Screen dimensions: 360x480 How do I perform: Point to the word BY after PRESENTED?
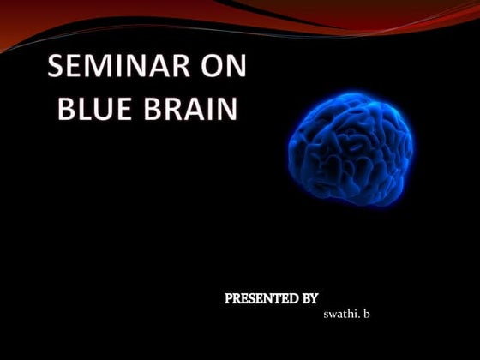[x=309, y=298]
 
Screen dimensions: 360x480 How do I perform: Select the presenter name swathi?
[x=341, y=315]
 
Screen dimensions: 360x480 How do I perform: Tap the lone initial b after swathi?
[x=366, y=315]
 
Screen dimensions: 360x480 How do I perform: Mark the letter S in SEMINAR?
[x=56, y=69]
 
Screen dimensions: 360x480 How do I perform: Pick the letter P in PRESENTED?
[x=229, y=298]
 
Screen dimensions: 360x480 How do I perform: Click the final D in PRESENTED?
[x=293, y=298]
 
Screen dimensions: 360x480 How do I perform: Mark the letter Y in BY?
[x=315, y=298]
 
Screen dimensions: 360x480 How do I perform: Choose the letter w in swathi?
[x=333, y=316]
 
